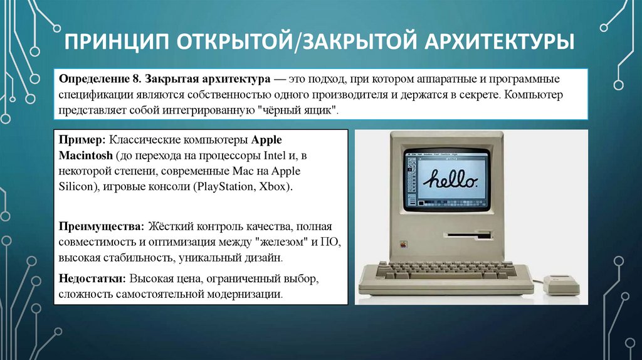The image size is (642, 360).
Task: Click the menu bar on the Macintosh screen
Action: click(x=446, y=153)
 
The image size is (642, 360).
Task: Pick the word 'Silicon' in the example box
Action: click(x=77, y=187)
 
